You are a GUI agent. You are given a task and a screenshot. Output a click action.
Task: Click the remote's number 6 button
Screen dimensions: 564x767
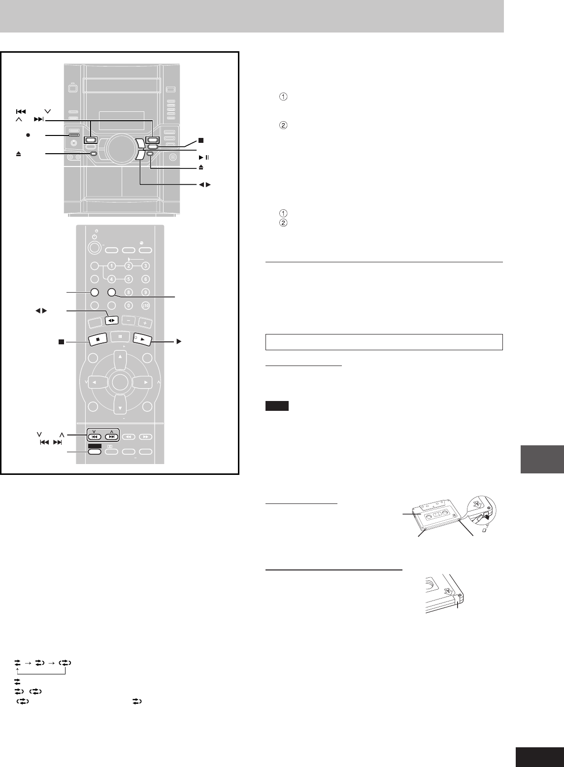click(x=145, y=279)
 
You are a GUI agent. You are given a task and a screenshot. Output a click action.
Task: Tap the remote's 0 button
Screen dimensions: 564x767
click(x=129, y=305)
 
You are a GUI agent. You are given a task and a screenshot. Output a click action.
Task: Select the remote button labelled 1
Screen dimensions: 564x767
click(x=111, y=266)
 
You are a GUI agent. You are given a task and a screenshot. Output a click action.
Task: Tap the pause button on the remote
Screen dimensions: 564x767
click(x=120, y=337)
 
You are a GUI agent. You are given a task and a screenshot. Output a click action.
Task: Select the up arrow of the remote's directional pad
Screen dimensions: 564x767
click(x=120, y=360)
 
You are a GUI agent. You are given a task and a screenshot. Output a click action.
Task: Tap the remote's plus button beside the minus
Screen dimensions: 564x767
click(x=145, y=323)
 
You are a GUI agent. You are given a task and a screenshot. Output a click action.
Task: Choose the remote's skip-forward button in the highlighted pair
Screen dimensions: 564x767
click(x=112, y=437)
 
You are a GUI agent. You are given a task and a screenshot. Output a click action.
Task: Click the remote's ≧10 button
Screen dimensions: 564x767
click(x=145, y=305)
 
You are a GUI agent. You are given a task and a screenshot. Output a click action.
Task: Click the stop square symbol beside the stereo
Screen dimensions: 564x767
click(x=201, y=140)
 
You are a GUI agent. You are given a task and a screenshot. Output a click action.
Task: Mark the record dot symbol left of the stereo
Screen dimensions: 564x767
click(x=28, y=135)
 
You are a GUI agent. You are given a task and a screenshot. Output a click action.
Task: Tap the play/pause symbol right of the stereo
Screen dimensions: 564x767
click(x=204, y=158)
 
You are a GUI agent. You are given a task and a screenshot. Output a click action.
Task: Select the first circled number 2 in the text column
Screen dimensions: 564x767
click(x=283, y=125)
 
